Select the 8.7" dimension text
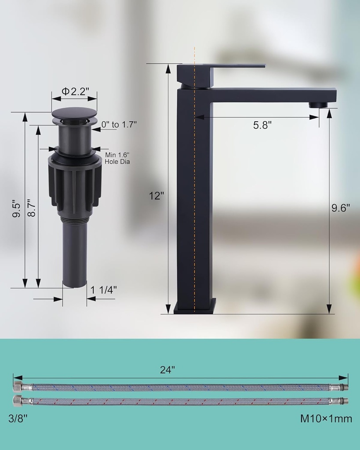point(32,208)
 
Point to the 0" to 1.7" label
point(119,124)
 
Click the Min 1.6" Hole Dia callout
point(117,158)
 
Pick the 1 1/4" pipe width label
point(104,290)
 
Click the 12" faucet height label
point(156,196)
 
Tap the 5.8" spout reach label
point(262,125)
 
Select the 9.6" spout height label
point(341,208)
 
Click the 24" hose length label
point(167,370)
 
